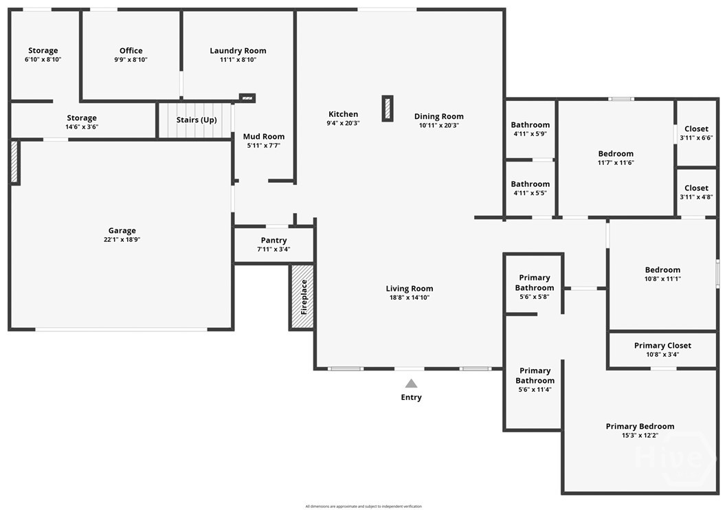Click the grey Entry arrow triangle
click(x=411, y=384)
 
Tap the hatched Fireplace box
click(x=302, y=297)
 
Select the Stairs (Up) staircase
click(x=195, y=120)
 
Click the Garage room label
click(x=122, y=230)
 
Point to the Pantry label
click(x=273, y=240)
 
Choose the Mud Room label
click(x=264, y=136)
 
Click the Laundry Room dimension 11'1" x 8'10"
click(x=238, y=59)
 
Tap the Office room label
click(x=131, y=51)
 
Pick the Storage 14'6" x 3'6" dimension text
click(x=82, y=126)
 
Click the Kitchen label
click(x=343, y=114)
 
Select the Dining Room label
click(x=438, y=116)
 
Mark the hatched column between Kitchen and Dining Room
click(x=388, y=109)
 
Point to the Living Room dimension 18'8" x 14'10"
click(x=410, y=298)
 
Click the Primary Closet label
click(x=662, y=346)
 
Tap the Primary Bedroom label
click(x=640, y=427)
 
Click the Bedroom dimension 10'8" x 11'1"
click(x=662, y=278)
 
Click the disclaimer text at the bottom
click(x=363, y=507)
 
